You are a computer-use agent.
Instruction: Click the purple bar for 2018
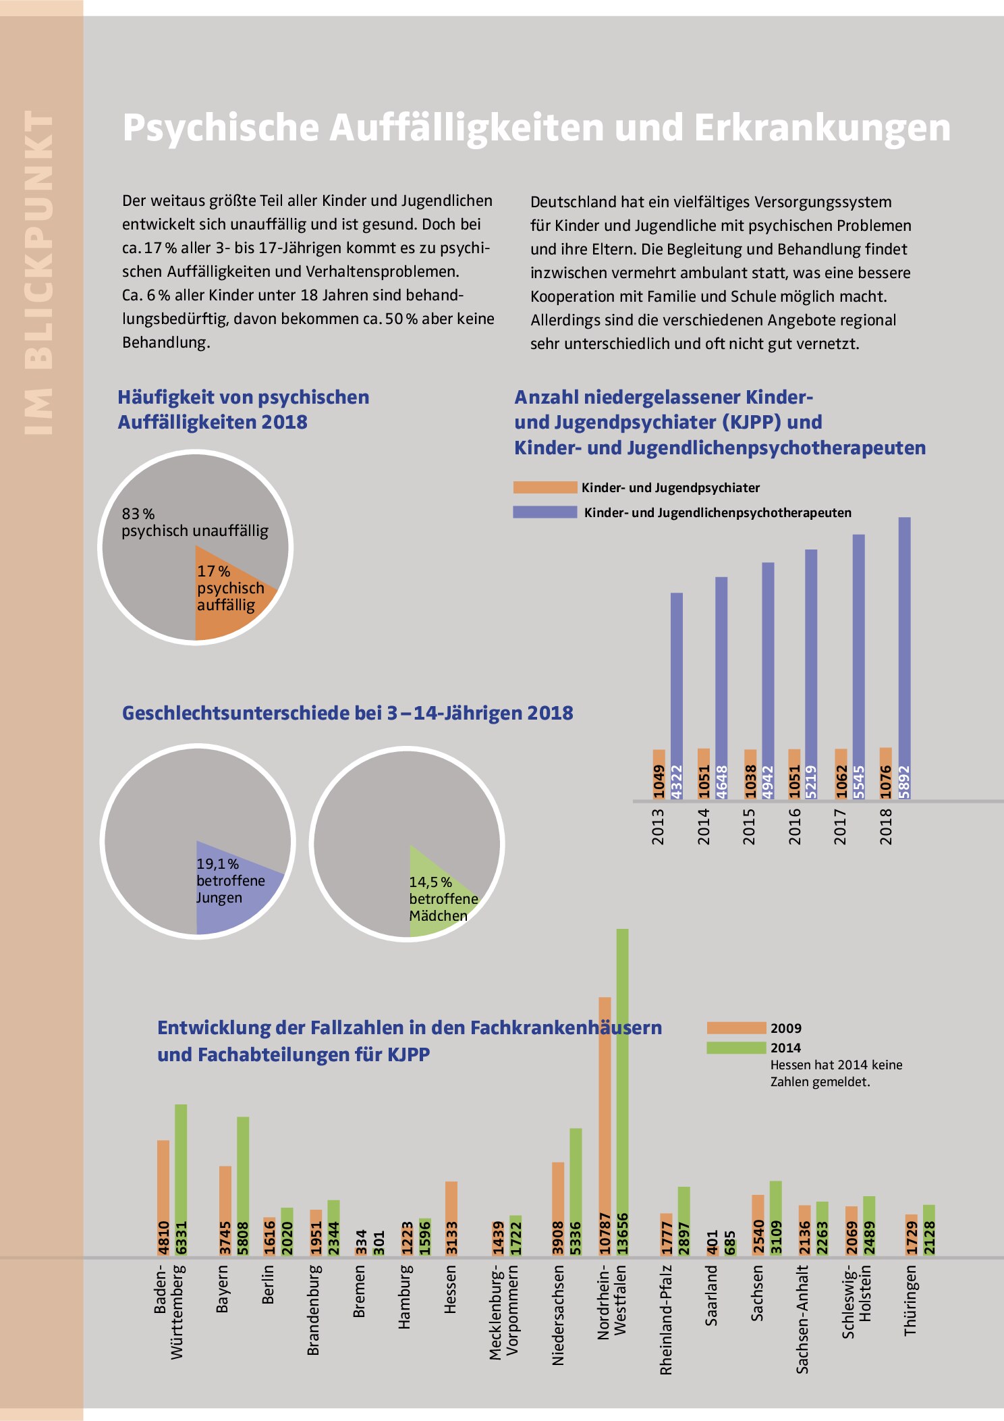click(905, 658)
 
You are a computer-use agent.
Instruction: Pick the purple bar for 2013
click(677, 696)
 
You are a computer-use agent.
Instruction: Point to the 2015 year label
click(749, 826)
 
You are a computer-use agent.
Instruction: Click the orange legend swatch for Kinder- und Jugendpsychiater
click(545, 487)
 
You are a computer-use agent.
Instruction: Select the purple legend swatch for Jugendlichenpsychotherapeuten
click(545, 512)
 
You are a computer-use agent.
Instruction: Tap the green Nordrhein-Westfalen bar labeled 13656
click(623, 1092)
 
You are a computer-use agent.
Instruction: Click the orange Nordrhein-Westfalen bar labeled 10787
click(605, 1126)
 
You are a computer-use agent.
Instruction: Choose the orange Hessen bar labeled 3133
click(451, 1218)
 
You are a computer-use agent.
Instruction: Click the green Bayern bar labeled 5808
click(243, 1186)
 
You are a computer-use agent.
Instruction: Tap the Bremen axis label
click(359, 1291)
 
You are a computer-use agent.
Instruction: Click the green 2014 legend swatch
click(737, 1048)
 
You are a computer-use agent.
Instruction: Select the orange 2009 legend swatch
click(737, 1028)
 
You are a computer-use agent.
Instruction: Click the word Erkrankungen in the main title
click(822, 128)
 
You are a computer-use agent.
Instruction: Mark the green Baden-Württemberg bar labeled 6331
click(181, 1180)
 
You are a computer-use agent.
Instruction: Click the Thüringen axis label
click(911, 1300)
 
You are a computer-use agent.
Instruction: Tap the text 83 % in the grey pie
click(138, 514)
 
